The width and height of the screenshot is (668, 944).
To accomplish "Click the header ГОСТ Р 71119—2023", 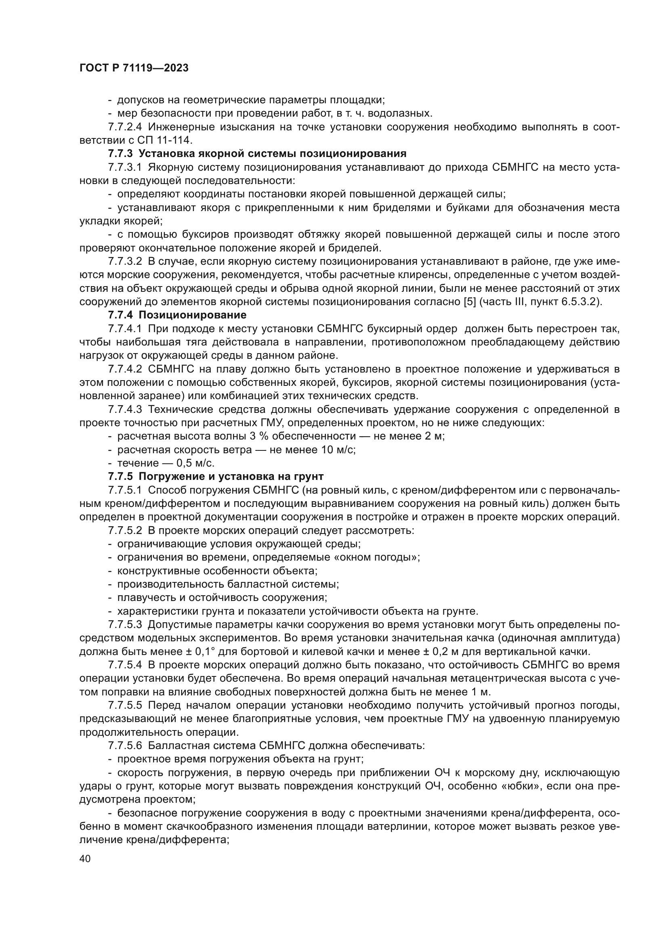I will pyautogui.click(x=134, y=68).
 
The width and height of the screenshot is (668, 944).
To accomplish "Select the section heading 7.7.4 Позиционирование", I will pyautogui.click(x=177, y=315).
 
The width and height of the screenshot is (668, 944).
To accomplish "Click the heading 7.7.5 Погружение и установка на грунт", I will pyautogui.click(x=216, y=477).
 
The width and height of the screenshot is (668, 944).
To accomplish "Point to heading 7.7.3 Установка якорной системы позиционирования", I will pyautogui.click(x=257, y=154).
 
